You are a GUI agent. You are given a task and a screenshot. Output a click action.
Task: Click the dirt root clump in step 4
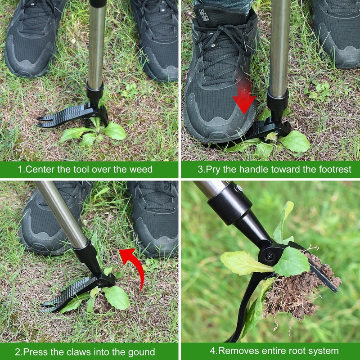[292, 288]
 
